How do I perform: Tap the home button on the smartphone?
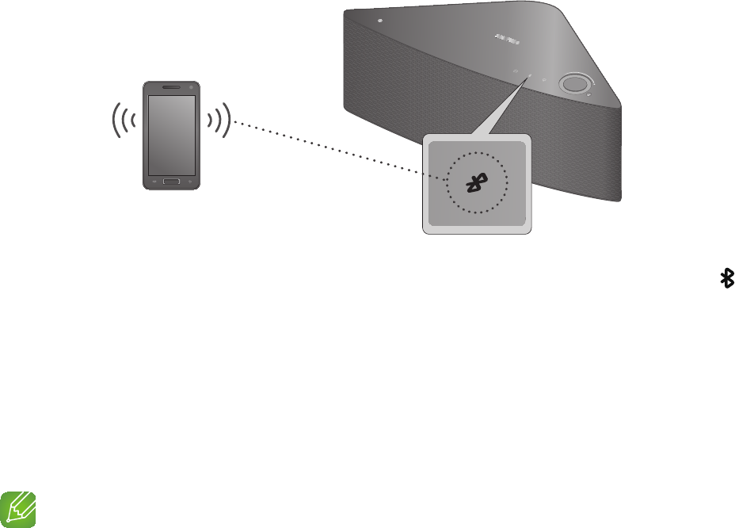(x=171, y=182)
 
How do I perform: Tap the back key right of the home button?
(x=190, y=182)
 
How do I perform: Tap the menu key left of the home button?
(x=153, y=182)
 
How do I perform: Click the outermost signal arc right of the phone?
(x=228, y=121)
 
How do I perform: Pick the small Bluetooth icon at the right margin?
(x=725, y=277)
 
